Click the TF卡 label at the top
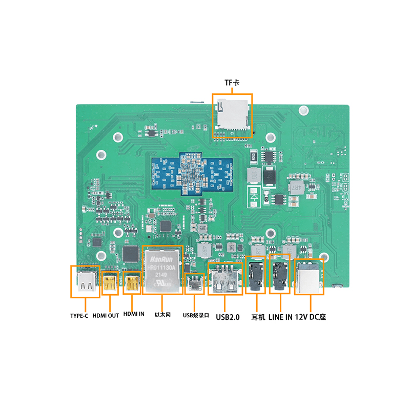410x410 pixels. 232,83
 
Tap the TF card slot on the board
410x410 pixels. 233,114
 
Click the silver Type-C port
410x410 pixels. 85,281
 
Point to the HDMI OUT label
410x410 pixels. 105,316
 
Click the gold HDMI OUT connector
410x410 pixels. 110,283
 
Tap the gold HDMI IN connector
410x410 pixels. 132,283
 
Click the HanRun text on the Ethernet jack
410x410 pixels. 162,259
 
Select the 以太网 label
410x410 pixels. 162,316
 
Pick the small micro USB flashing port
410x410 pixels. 194,285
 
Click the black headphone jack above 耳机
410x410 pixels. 255,276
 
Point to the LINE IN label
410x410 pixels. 280,317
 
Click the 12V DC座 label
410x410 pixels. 311,317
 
